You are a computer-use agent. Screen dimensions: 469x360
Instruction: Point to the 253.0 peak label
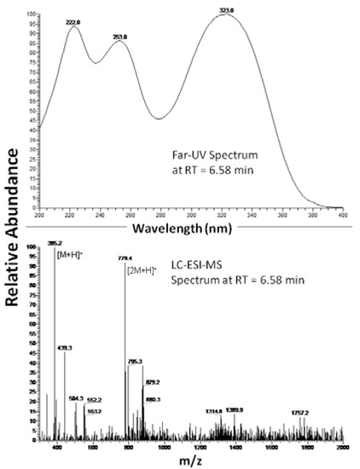click(120, 37)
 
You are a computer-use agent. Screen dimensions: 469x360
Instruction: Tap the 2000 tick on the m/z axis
click(342, 446)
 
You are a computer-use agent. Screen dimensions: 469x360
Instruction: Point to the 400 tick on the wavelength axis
click(342, 216)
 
